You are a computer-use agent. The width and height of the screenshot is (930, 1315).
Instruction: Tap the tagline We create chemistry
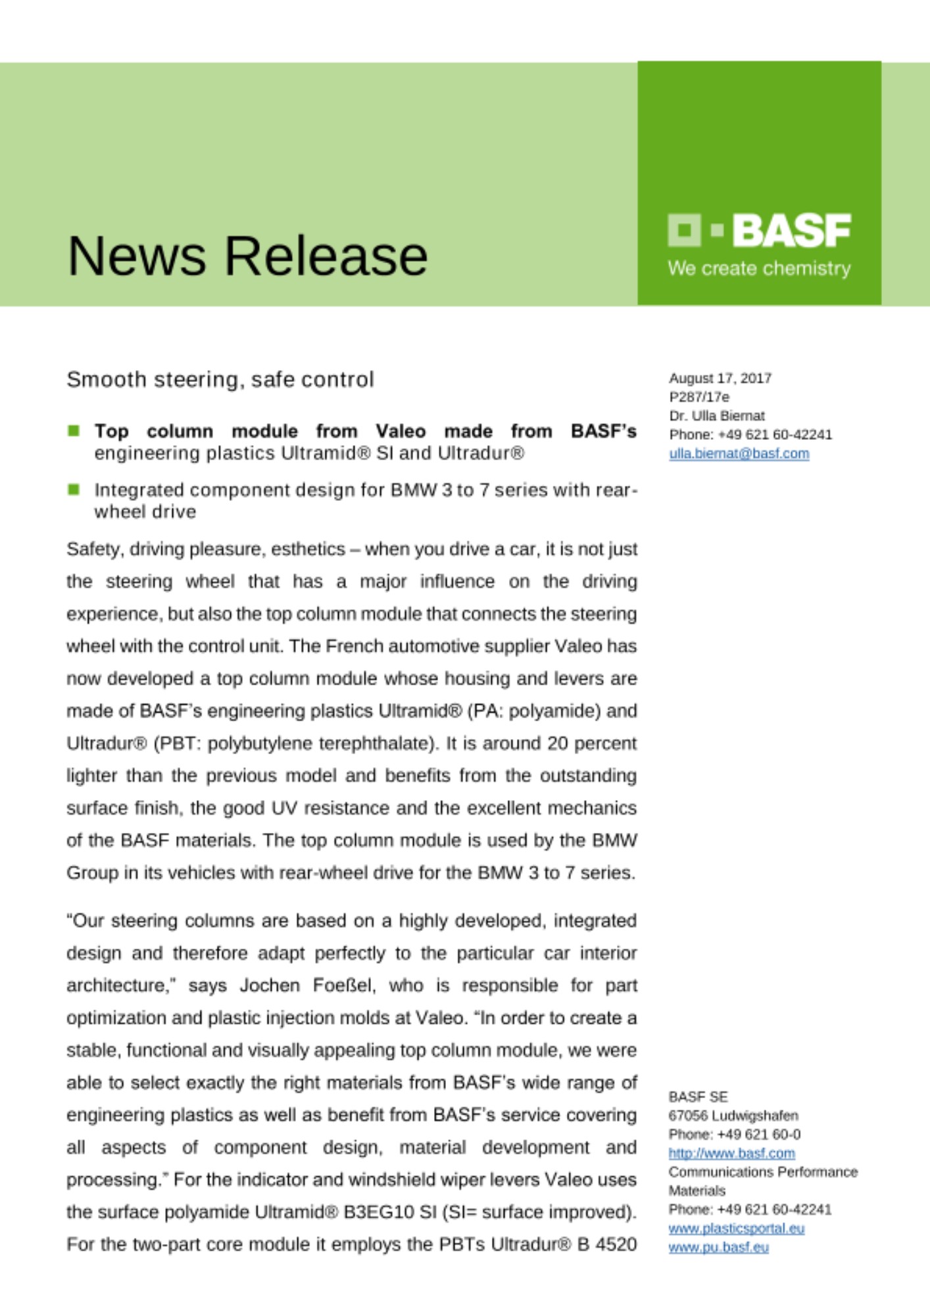[759, 268]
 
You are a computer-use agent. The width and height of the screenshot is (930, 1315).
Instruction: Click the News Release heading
[247, 256]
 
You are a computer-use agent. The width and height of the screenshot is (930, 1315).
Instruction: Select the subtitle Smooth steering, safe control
[220, 379]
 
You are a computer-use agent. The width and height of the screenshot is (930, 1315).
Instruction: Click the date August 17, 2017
[720, 378]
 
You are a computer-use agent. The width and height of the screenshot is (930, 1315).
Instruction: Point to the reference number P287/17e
[699, 396]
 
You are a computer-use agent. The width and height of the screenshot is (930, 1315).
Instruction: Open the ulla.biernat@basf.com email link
[739, 453]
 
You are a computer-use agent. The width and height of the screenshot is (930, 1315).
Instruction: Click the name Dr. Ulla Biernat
[717, 416]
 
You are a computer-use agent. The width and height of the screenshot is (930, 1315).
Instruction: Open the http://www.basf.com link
[731, 1153]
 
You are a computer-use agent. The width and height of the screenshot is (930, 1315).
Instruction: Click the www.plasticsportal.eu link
[736, 1228]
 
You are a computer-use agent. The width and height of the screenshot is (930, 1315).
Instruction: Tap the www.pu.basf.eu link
[718, 1247]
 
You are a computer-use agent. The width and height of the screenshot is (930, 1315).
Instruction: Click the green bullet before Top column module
[74, 431]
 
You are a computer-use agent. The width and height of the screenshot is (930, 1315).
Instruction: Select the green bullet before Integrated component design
[74, 489]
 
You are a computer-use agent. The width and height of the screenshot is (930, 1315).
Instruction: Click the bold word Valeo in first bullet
[401, 431]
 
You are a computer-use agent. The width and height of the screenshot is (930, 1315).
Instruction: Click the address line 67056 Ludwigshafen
[733, 1115]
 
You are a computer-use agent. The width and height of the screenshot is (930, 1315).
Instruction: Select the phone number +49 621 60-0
[759, 1134]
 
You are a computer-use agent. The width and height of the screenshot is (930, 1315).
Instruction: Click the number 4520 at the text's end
[615, 1244]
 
